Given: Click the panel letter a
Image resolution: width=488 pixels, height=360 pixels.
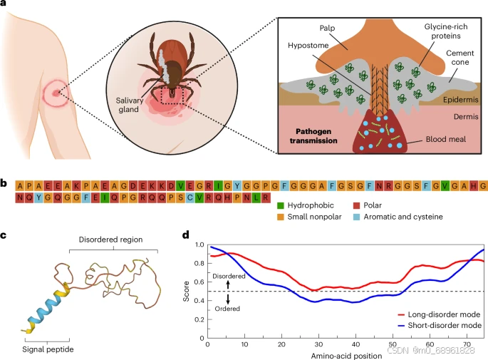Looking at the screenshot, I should pyautogui.click(x=5, y=6).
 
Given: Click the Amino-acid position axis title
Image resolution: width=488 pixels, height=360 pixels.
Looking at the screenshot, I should pyautogui.click(x=343, y=354).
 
